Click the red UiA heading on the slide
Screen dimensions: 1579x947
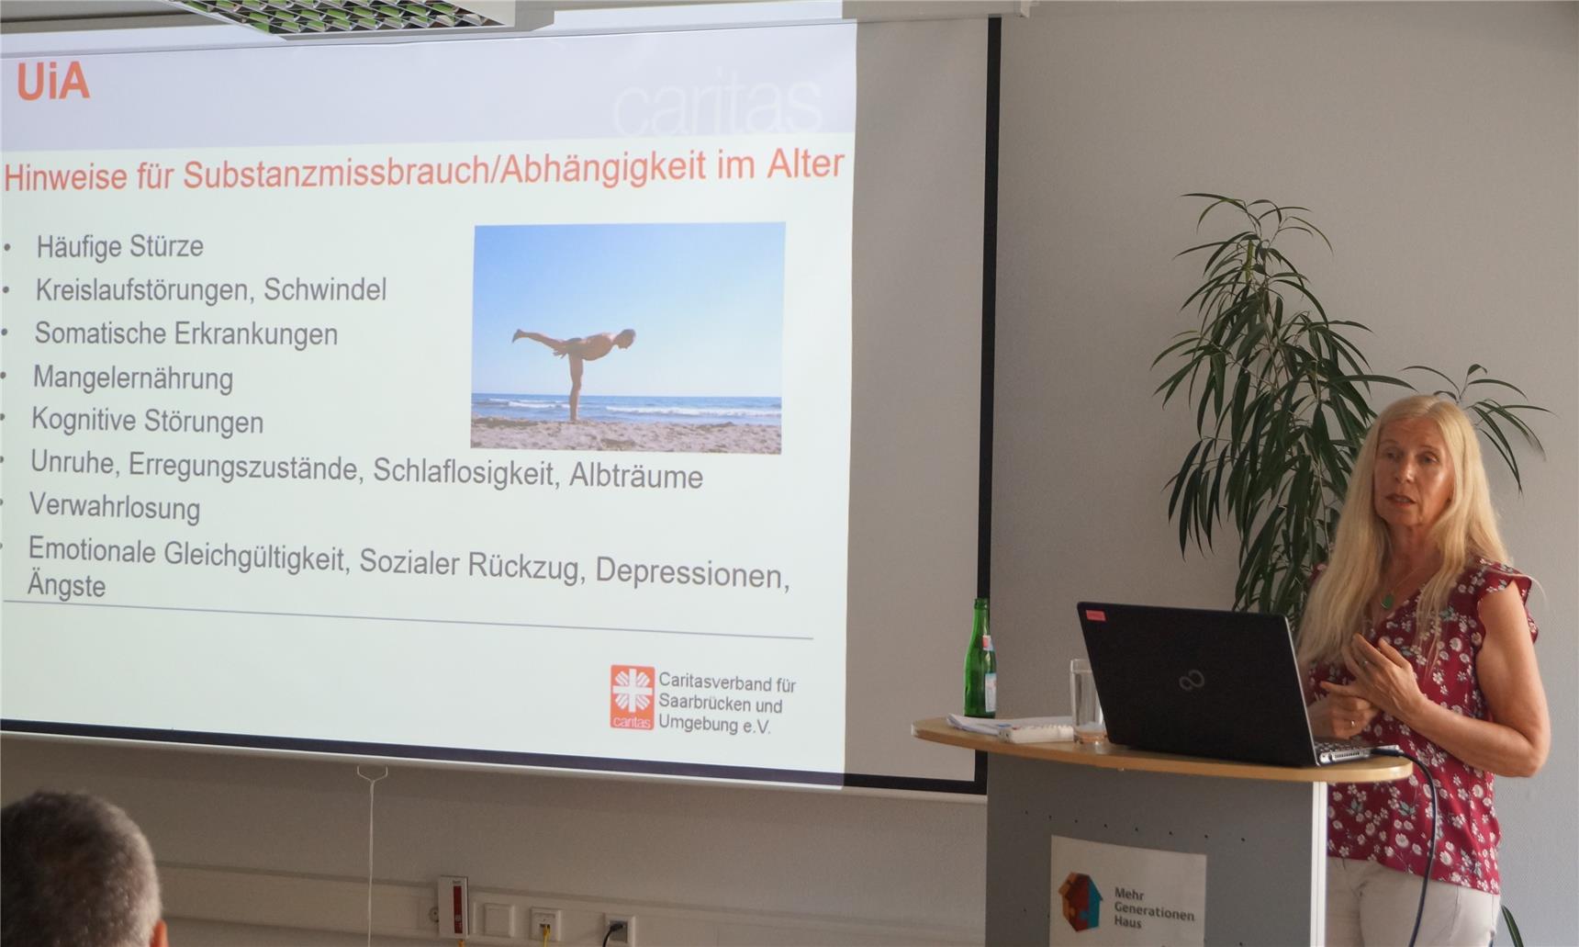click(52, 83)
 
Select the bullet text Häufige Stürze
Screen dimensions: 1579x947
click(119, 246)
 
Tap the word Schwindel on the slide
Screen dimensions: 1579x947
click(325, 290)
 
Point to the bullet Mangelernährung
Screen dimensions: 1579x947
click(133, 378)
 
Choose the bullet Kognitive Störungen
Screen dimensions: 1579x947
click(147, 421)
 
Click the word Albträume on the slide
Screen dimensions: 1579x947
click(636, 476)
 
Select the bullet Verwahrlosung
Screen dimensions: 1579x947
click(114, 507)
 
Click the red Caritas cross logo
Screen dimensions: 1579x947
click(633, 697)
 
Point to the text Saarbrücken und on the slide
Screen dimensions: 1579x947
click(720, 705)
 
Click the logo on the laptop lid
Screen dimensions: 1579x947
click(1192, 681)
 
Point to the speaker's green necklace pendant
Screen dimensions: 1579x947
click(1388, 601)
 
